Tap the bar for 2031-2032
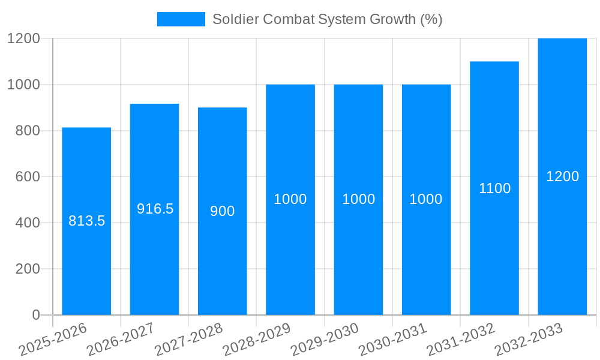point(494,252)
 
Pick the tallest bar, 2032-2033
point(562,240)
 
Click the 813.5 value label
point(86,221)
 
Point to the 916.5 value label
point(155,209)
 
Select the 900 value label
point(222,211)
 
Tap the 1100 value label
point(494,188)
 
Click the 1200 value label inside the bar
point(562,176)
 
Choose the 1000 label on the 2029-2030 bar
point(358,199)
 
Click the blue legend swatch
point(181,19)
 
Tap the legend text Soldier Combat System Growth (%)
point(327,19)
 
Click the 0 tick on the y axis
point(35,315)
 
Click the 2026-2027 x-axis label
point(121,340)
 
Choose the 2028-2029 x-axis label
point(257,340)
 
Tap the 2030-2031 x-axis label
point(392,340)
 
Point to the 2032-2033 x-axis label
point(529,340)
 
